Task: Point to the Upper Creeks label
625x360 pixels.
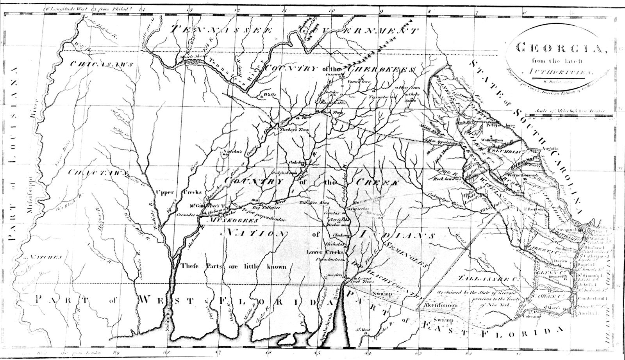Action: (179, 192)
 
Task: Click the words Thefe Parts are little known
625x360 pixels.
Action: (234, 267)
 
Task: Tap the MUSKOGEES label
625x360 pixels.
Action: (233, 220)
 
